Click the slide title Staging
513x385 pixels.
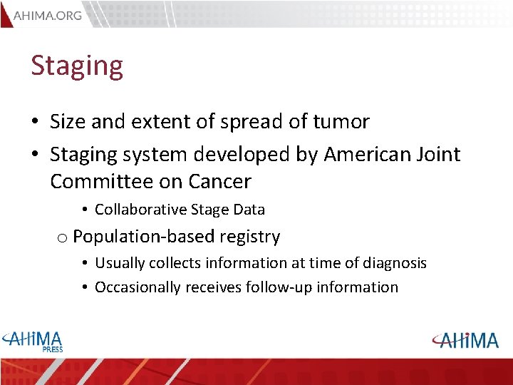77,66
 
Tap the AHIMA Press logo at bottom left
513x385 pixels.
33,341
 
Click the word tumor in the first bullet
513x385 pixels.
341,122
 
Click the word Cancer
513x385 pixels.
219,182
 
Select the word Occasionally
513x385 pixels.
138,287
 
